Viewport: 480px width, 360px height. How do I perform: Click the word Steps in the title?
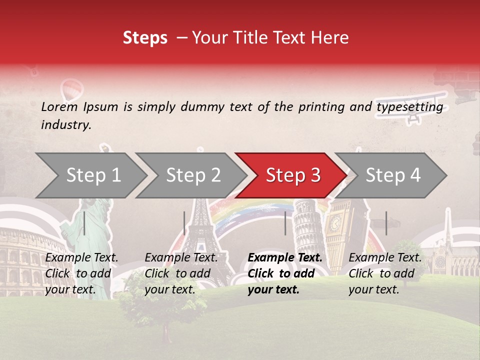point(145,38)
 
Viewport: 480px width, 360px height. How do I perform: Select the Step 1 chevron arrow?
point(90,175)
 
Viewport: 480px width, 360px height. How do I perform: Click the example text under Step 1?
point(81,273)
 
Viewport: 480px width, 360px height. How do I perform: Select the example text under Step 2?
point(181,273)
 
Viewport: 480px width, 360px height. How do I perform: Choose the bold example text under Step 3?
point(285,273)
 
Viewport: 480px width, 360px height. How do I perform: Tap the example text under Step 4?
point(385,273)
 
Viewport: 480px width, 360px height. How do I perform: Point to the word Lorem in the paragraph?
point(59,106)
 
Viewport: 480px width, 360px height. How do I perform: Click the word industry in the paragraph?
point(65,124)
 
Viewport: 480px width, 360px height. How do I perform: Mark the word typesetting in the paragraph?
point(409,107)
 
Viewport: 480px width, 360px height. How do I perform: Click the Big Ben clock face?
point(334,221)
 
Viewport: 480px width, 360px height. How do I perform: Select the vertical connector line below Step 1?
point(84,223)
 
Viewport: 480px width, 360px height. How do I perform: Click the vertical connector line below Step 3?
point(285,223)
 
